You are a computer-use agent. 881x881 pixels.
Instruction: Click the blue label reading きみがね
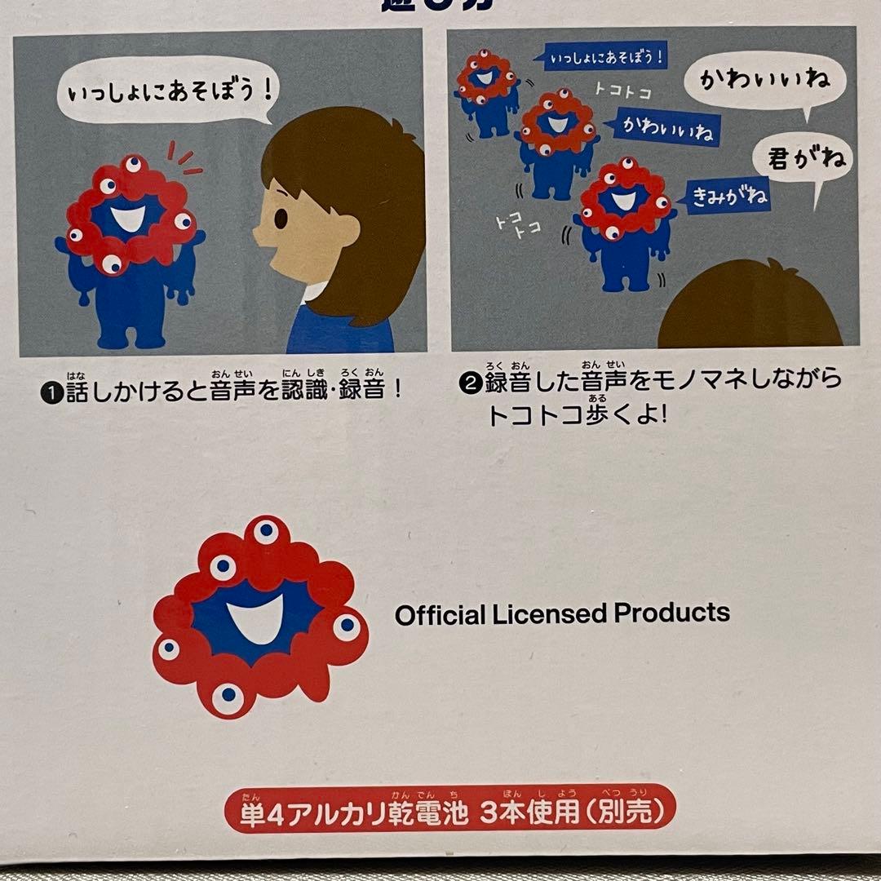[728, 195]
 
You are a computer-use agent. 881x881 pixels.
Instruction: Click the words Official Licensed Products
[562, 613]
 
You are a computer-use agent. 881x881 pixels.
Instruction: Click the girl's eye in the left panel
[280, 219]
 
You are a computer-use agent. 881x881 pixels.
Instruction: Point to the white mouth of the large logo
[260, 618]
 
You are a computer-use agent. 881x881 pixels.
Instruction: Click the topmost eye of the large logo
[265, 531]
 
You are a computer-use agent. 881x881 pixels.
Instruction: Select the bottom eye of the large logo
[228, 698]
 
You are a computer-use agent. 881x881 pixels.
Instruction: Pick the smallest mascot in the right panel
[488, 91]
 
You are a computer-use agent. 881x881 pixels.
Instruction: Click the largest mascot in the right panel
[625, 222]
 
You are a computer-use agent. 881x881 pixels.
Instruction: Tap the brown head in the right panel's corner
[750, 306]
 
